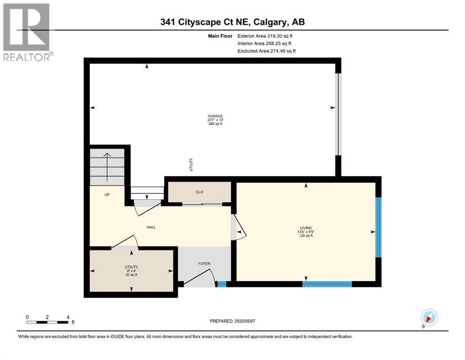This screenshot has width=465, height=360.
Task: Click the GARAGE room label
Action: tap(215, 116)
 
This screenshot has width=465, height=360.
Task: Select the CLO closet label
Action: tap(199, 192)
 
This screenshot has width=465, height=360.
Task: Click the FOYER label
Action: tap(204, 263)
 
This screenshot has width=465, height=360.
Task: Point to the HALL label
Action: tap(151, 227)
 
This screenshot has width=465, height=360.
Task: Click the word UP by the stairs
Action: tap(107, 195)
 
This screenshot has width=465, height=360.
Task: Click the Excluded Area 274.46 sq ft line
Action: tap(266, 51)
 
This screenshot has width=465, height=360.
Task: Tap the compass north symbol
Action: tap(428, 318)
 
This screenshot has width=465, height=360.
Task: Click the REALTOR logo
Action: tap(28, 32)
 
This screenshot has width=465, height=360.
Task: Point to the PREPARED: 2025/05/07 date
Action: tap(235, 321)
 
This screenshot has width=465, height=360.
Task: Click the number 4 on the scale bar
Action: tap(68, 317)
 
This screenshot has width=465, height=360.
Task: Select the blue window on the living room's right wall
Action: tap(379, 227)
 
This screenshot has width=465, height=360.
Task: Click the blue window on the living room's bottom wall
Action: tap(327, 284)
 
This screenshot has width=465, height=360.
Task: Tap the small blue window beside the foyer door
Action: tap(222, 284)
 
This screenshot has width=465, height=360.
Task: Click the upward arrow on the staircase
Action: tap(107, 166)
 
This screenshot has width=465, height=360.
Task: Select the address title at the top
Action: tap(232, 22)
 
